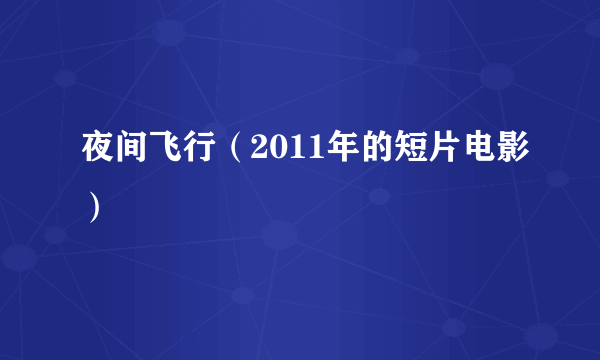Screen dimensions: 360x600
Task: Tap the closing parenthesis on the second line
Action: tap(92, 207)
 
